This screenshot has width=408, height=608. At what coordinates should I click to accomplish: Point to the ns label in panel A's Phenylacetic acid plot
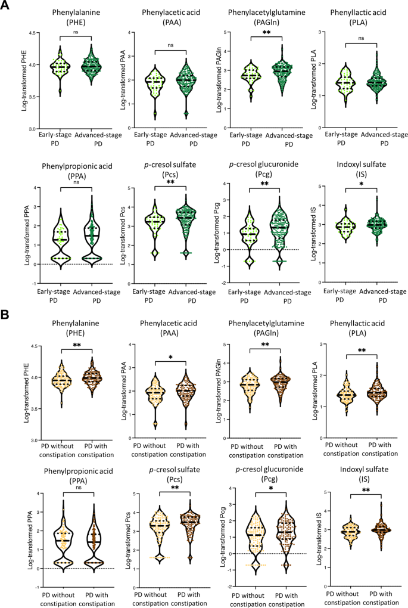(170, 44)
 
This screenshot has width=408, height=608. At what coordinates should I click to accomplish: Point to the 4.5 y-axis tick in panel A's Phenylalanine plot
(32, 32)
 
